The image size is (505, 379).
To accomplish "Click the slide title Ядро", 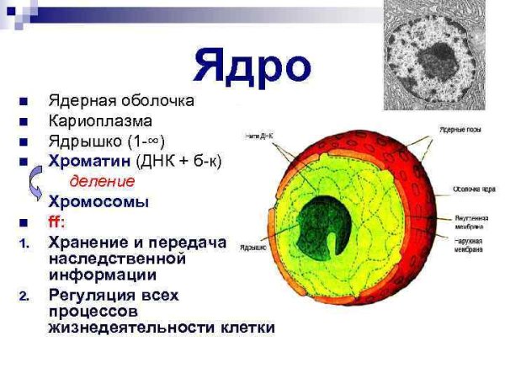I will click(252, 66).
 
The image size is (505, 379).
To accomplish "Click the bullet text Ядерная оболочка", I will click(121, 101).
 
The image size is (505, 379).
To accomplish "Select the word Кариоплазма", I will click(99, 121).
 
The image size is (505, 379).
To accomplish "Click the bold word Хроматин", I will click(83, 160).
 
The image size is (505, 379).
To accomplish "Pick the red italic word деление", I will click(101, 181).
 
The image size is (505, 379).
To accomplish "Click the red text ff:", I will click(59, 222).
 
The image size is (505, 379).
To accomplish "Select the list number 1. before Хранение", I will click(24, 243).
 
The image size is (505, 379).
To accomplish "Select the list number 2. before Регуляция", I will click(24, 296).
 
